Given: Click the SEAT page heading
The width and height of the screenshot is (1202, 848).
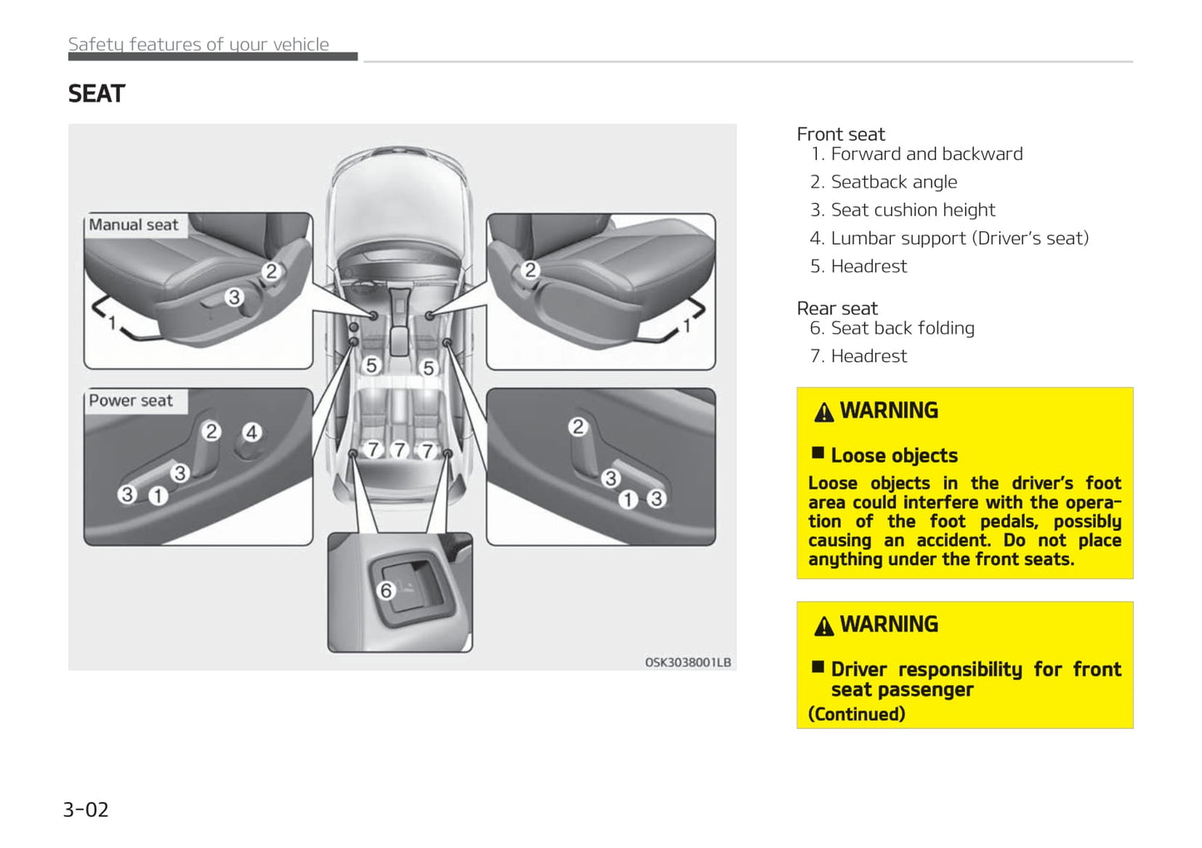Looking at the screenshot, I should pos(96,94).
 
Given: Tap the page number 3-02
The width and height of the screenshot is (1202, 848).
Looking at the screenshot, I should pos(86,810).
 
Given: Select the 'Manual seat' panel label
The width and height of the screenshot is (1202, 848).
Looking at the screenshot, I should pos(133,225).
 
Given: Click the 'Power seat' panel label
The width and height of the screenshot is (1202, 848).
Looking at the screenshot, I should pos(131,400).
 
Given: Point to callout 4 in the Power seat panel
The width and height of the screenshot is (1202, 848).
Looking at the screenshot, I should pos(251,432).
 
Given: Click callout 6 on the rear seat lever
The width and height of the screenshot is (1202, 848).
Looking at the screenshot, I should pos(385,591).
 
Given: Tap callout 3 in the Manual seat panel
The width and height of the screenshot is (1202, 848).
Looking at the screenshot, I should pos(234,296).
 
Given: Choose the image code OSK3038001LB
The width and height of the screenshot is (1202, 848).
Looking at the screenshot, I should pos(688,662).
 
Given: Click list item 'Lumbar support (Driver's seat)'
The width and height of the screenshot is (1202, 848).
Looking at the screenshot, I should pos(959,239).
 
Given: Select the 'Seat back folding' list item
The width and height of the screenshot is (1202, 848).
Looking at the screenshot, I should pos(902,329).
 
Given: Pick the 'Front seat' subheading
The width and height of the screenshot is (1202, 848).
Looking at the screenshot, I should pos(840,134).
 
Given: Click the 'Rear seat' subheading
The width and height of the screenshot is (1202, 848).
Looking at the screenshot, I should pos(837,308).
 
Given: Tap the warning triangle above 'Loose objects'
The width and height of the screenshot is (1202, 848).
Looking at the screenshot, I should pos(824,412).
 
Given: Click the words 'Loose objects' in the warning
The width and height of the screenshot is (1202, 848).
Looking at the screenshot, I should pos(894,456).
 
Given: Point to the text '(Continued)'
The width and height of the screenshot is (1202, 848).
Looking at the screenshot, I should pos(857,714).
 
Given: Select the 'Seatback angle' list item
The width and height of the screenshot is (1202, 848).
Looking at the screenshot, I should pos(893,182).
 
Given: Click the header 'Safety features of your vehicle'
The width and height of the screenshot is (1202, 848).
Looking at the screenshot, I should pos(199,44).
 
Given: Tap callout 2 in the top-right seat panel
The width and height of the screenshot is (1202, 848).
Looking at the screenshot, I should pos(530,270).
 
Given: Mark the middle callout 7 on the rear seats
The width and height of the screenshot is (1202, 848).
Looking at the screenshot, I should pos(399,450).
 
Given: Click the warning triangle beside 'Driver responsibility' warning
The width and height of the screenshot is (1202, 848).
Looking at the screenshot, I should pos(824,626).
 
